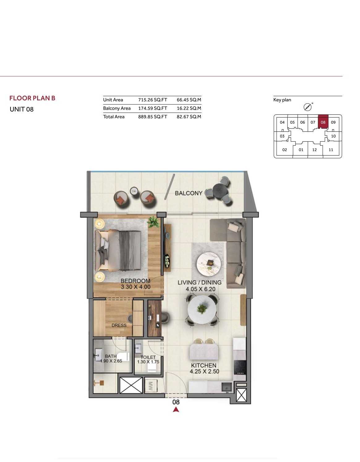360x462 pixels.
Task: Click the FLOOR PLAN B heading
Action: pyautogui.click(x=32, y=98)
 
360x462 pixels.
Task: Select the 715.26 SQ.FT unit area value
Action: pyautogui.click(x=153, y=100)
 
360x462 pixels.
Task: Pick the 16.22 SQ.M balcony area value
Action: pyautogui.click(x=189, y=108)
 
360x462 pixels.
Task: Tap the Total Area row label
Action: pyautogui.click(x=114, y=117)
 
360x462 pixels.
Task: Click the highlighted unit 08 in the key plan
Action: pyautogui.click(x=323, y=122)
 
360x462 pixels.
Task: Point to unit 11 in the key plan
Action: pyautogui.click(x=331, y=150)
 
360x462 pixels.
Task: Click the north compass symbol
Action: pyautogui.click(x=307, y=107)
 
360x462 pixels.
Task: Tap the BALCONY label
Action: pyautogui.click(x=188, y=193)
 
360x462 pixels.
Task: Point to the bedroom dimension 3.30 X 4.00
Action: pyautogui.click(x=136, y=287)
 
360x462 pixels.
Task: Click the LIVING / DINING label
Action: pyautogui.click(x=199, y=282)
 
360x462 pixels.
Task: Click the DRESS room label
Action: pyautogui.click(x=119, y=325)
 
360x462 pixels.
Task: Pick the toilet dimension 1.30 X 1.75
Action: pyautogui.click(x=148, y=362)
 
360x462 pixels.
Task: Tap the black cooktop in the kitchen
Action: pyautogui.click(x=240, y=367)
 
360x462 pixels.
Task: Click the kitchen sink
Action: pyautogui.click(x=227, y=387)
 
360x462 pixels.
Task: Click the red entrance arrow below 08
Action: pyautogui.click(x=176, y=409)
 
